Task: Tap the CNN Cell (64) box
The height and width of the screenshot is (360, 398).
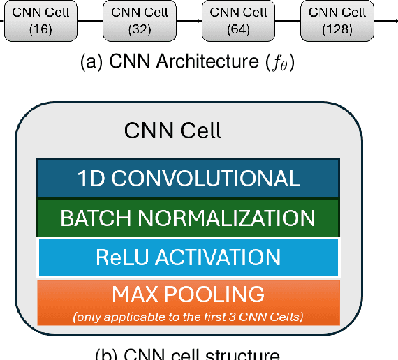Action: click(x=229, y=21)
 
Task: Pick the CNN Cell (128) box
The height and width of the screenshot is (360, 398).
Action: click(x=327, y=21)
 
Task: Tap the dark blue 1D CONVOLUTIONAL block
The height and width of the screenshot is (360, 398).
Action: click(x=188, y=179)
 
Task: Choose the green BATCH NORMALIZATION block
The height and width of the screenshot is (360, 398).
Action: click(x=188, y=218)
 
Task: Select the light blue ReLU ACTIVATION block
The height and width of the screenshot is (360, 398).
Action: click(x=188, y=257)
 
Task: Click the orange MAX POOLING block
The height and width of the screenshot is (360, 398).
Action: click(x=188, y=301)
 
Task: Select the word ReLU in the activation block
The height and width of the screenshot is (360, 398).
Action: click(x=120, y=257)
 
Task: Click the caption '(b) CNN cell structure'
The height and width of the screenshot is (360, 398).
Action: click(x=187, y=354)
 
